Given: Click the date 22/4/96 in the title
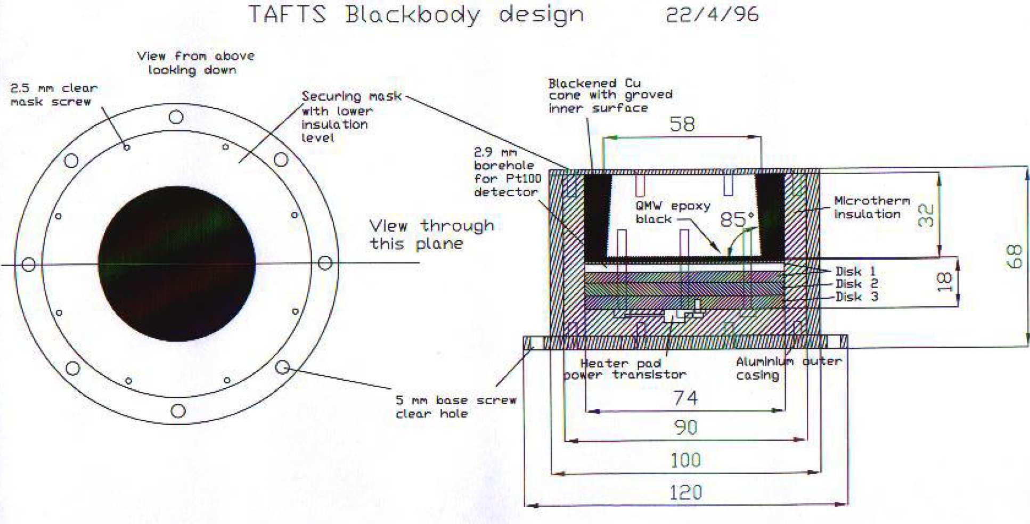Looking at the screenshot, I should click(x=712, y=14).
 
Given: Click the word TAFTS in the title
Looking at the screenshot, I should click(x=287, y=14).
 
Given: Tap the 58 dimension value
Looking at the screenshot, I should click(x=682, y=125).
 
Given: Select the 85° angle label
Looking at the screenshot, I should click(x=737, y=219).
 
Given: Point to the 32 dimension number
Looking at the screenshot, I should click(x=926, y=215).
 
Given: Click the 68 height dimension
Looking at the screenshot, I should click(x=1015, y=257).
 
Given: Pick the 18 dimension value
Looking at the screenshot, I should click(x=944, y=282).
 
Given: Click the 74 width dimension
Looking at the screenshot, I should click(x=685, y=398).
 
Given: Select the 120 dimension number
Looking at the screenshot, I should click(x=685, y=493).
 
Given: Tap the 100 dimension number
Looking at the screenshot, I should click(x=685, y=460).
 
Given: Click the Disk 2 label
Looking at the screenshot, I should click(x=856, y=284).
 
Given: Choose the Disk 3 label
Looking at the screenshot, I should click(x=856, y=297).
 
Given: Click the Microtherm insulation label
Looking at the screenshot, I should click(x=871, y=207).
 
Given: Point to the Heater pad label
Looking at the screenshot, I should click(x=620, y=363).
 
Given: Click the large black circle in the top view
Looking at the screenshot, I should click(x=177, y=264).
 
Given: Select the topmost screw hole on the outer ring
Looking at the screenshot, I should click(x=176, y=117).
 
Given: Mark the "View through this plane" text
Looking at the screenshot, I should click(x=431, y=234).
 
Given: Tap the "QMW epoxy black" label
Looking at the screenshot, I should click(x=672, y=212).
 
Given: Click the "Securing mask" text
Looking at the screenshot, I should click(x=351, y=96).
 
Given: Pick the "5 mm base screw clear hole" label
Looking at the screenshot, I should click(x=455, y=407).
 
